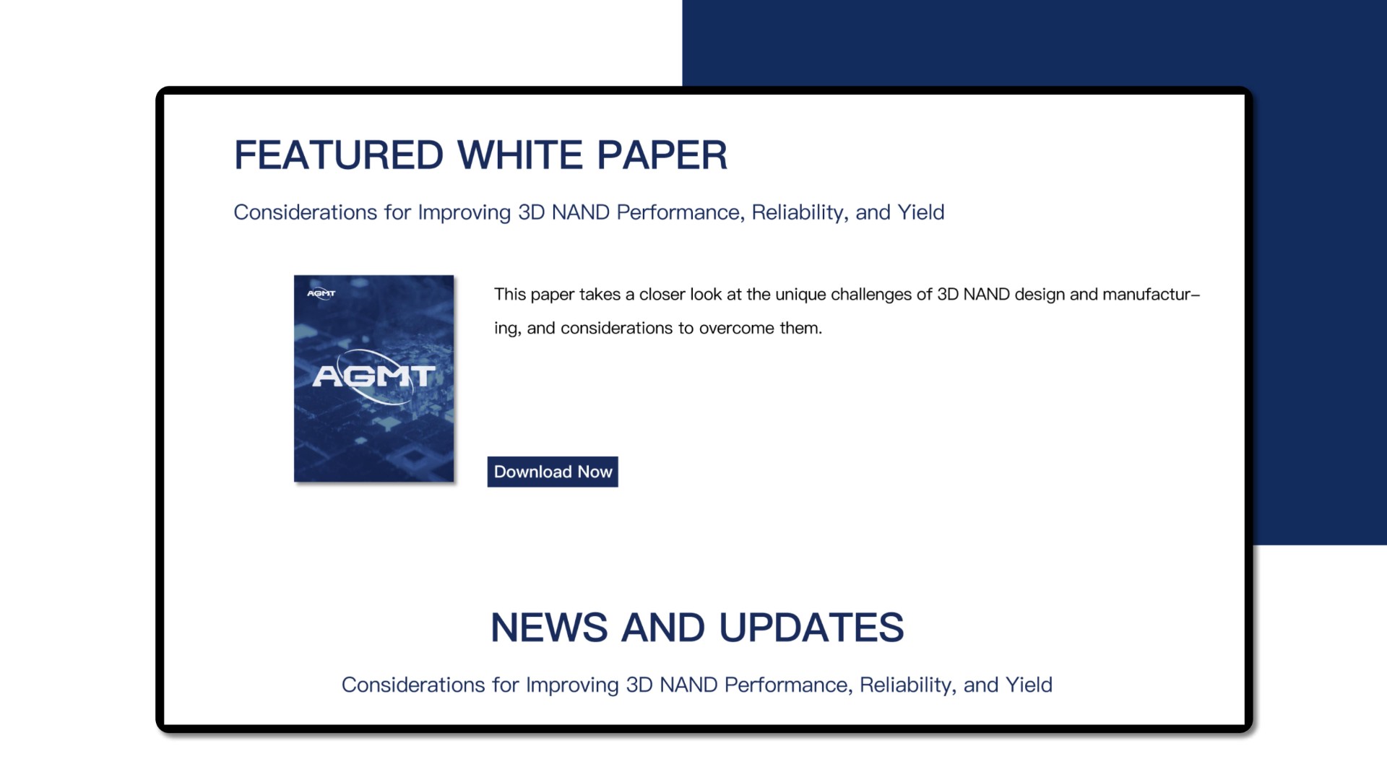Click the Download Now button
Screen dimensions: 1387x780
(x=553, y=472)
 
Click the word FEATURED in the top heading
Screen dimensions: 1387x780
(x=339, y=155)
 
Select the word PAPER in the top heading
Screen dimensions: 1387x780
(x=662, y=155)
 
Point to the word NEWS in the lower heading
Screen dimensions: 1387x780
(x=549, y=627)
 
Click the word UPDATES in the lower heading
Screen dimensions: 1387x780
(x=811, y=627)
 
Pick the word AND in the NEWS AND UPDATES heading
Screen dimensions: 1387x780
(x=663, y=627)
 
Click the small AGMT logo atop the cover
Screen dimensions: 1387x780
(x=321, y=293)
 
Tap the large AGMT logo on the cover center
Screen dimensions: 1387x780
(x=373, y=376)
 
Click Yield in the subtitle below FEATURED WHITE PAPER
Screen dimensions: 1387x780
(x=921, y=212)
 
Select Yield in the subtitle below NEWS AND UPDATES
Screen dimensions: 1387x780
(x=1029, y=685)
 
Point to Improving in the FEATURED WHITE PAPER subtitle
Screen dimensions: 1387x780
(x=465, y=213)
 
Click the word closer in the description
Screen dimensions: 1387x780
(x=662, y=295)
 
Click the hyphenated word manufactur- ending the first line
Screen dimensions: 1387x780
(x=1151, y=295)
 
